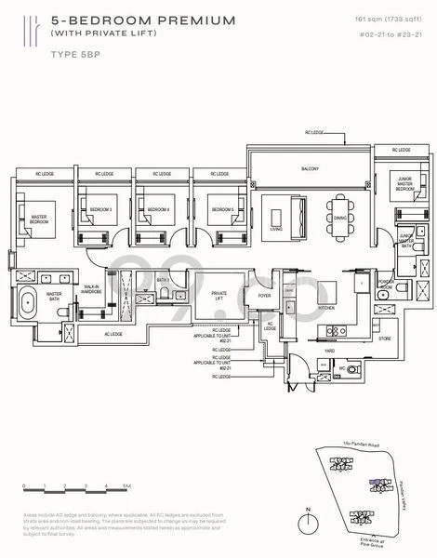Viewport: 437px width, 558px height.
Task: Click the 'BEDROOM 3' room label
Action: tap(101, 210)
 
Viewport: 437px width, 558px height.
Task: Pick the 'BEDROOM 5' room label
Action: tap(220, 210)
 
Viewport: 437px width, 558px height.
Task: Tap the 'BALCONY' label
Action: tap(310, 169)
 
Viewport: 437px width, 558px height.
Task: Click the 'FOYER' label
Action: tap(265, 296)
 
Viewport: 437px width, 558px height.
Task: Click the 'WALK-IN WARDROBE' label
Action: tap(91, 289)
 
